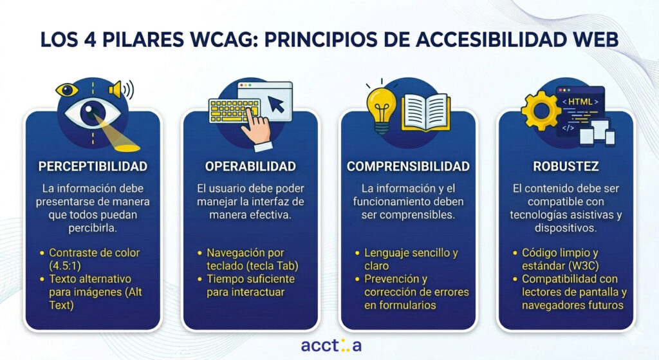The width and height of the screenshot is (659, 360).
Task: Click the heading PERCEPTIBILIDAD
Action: point(93,166)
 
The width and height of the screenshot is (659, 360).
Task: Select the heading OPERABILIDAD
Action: point(250,166)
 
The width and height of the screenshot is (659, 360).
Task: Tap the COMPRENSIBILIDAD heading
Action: point(408,166)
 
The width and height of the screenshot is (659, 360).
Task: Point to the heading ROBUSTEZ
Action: point(566,166)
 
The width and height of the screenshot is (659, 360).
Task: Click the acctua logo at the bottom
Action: point(331,345)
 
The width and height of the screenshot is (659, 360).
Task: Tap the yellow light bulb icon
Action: point(381,108)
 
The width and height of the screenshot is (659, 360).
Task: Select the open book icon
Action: point(426,111)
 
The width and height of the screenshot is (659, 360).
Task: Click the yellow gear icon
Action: point(541,111)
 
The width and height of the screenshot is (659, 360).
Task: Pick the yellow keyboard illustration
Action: point(234,111)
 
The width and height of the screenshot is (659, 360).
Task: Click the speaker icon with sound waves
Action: point(121,89)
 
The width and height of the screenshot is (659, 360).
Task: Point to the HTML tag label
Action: point(580,102)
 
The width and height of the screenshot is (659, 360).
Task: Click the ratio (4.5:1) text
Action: point(65,266)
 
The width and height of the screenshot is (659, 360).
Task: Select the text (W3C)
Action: point(584,266)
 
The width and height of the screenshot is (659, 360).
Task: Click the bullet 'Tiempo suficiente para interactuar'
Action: point(250,285)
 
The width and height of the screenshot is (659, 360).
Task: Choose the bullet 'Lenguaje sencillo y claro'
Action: point(407,259)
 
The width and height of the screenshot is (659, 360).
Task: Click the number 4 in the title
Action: point(90,39)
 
